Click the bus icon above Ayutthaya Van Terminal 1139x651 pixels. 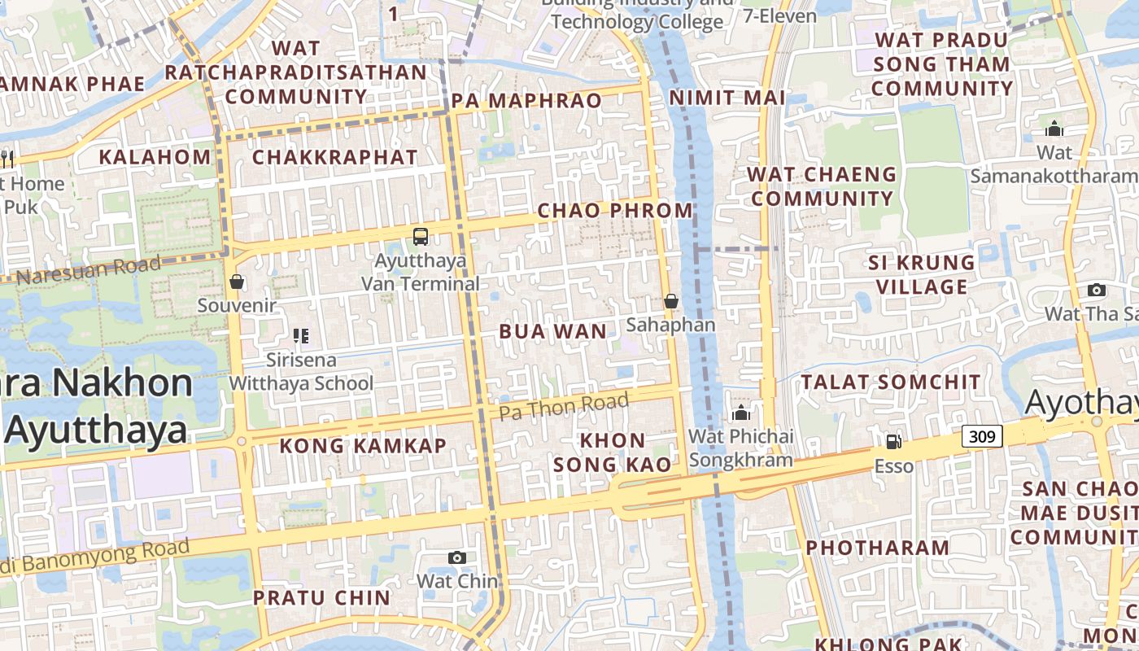pyautogui.click(x=420, y=237)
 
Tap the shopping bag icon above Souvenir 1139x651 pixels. pyautogui.click(x=237, y=282)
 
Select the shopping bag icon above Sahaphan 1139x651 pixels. pyautogui.click(x=671, y=301)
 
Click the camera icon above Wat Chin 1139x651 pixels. pyautogui.click(x=457, y=557)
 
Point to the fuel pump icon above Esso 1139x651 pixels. pyautogui.click(x=893, y=442)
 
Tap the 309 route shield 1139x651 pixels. pyautogui.click(x=982, y=436)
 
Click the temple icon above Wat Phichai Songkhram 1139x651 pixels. pyautogui.click(x=740, y=413)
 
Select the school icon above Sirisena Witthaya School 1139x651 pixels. pyautogui.click(x=301, y=335)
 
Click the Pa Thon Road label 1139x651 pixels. pyautogui.click(x=564, y=405)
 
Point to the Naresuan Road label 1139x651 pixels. pyautogui.click(x=89, y=270)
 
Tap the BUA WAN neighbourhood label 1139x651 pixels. pyautogui.click(x=552, y=331)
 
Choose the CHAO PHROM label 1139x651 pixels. pyautogui.click(x=615, y=211)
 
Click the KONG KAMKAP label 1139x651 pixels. pyautogui.click(x=363, y=446)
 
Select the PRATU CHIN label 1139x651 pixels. pyautogui.click(x=322, y=597)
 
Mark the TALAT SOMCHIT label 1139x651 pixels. pyautogui.click(x=891, y=382)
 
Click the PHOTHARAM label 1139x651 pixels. pyautogui.click(x=878, y=548)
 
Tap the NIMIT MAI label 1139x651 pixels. pyautogui.click(x=727, y=98)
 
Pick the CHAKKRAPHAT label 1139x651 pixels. pyautogui.click(x=335, y=157)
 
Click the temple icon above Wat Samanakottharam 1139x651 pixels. pyautogui.click(x=1054, y=129)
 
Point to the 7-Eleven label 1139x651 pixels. pyautogui.click(x=779, y=15)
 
